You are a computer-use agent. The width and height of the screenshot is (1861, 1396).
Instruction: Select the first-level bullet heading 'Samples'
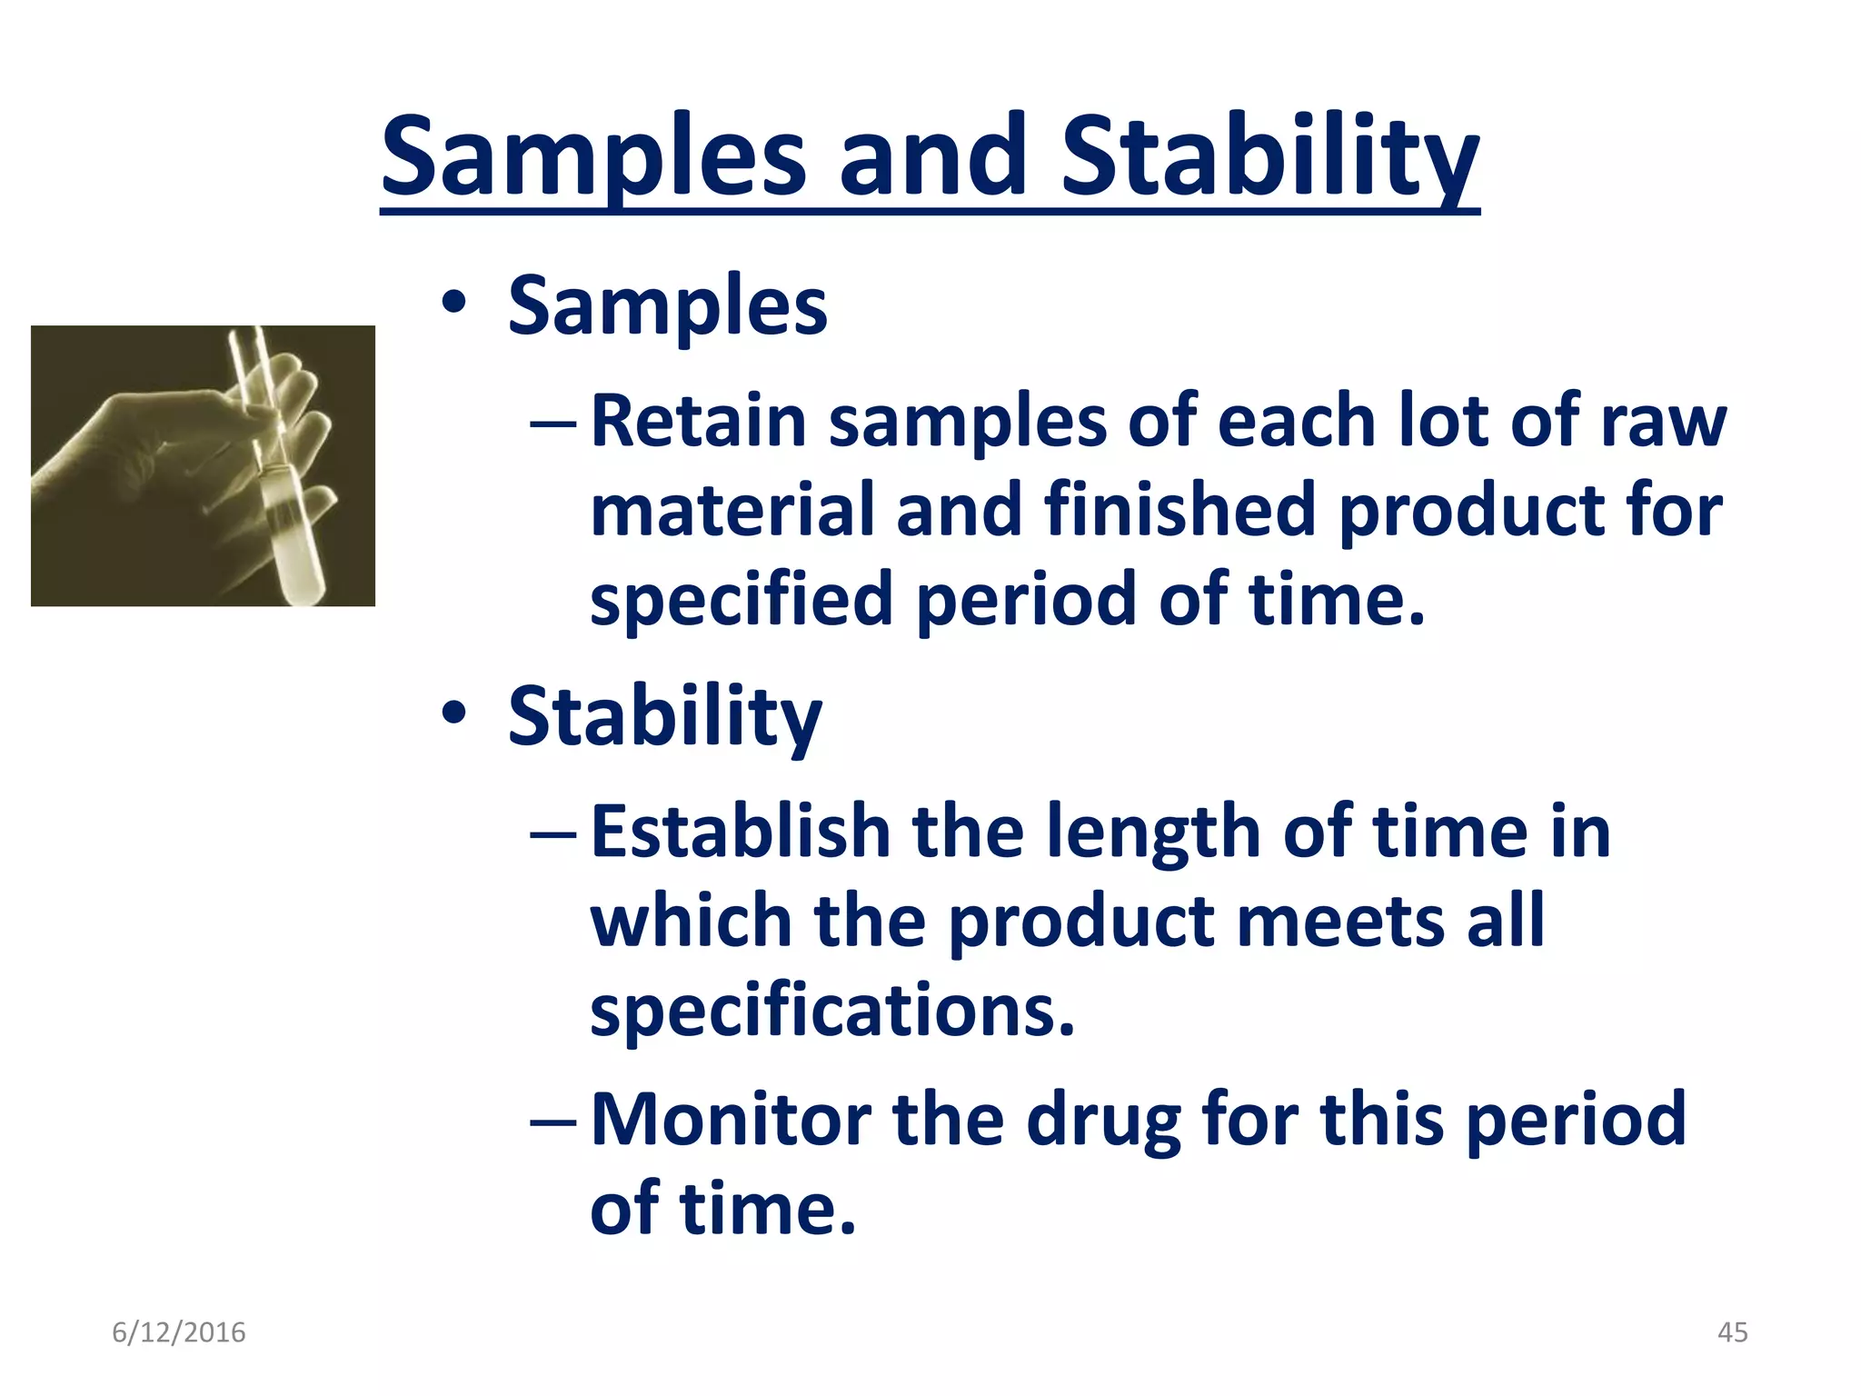coord(667,306)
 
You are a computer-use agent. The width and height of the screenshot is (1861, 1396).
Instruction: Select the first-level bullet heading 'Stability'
coord(664,717)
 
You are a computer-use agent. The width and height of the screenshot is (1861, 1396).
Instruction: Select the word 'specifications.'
coord(831,1012)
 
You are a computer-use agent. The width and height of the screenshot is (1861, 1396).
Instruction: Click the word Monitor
coord(731,1119)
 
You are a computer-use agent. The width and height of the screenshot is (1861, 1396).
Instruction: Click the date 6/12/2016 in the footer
coord(178,1332)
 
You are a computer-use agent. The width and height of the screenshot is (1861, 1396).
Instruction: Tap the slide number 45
coord(1732,1332)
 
